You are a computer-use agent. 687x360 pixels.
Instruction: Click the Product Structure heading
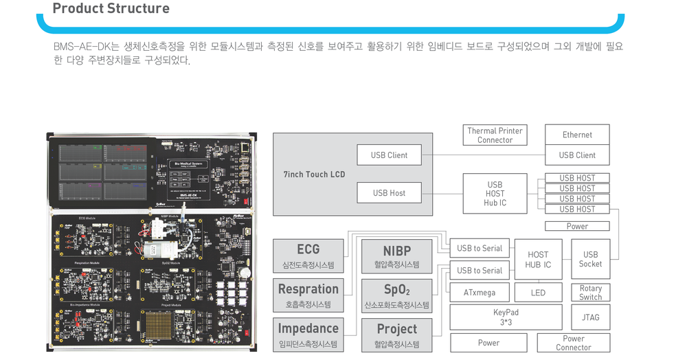pyautogui.click(x=111, y=9)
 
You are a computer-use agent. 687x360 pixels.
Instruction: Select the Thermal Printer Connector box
pyautogui.click(x=495, y=135)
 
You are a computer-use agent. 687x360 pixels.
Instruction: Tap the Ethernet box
pyautogui.click(x=577, y=135)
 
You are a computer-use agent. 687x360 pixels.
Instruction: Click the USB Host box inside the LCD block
pyautogui.click(x=389, y=193)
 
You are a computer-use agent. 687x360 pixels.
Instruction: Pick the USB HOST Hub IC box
pyautogui.click(x=495, y=194)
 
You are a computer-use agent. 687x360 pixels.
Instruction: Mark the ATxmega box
pyautogui.click(x=479, y=293)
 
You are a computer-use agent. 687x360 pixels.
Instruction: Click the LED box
pyautogui.click(x=538, y=293)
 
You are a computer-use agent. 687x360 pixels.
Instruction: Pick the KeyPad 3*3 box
pyautogui.click(x=506, y=317)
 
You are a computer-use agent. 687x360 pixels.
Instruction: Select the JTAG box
pyautogui.click(x=590, y=317)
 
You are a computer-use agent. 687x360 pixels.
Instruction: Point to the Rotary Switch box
pyautogui.click(x=590, y=293)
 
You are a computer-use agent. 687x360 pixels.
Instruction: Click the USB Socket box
pyautogui.click(x=590, y=259)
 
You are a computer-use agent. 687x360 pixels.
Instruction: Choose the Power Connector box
pyautogui.click(x=573, y=343)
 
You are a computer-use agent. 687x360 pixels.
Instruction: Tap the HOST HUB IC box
pyautogui.click(x=538, y=259)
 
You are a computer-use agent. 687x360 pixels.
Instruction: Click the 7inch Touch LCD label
pyautogui.click(x=314, y=175)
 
